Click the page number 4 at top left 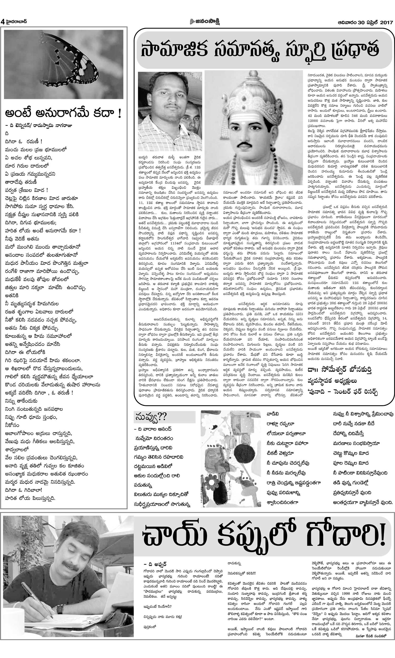point(2,22)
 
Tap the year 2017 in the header point(386,22)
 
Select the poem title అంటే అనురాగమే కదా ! point(63,114)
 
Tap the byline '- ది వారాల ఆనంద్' point(153,429)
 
